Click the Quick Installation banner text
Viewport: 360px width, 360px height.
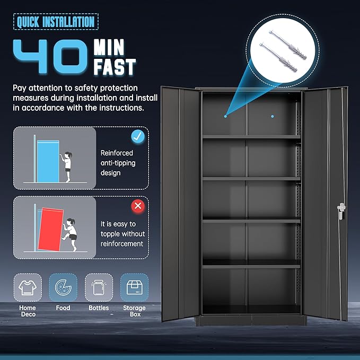pyautogui.click(x=56, y=22)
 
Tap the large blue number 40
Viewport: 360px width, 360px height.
pyautogui.click(x=50, y=56)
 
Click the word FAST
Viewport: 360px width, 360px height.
pyautogui.click(x=115, y=67)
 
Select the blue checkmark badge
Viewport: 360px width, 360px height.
pyautogui.click(x=138, y=137)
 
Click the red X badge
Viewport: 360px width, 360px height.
pyautogui.click(x=138, y=206)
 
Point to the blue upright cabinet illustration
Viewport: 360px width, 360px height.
pyautogui.click(x=48, y=161)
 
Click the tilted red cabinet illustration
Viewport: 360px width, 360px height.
pyautogui.click(x=50, y=229)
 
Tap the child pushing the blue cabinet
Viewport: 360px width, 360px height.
pyautogui.click(x=66, y=166)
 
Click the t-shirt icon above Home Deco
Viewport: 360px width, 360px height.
pyautogui.click(x=28, y=287)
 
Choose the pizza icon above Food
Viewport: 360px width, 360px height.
pyautogui.click(x=63, y=287)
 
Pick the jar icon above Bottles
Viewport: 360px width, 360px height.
pyautogui.click(x=99, y=288)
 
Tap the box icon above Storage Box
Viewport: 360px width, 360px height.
pyautogui.click(x=134, y=287)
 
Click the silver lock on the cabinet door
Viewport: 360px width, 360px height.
pyautogui.click(x=341, y=211)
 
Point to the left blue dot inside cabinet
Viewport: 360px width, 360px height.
pyautogui.click(x=225, y=117)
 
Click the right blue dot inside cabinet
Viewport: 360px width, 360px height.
pyautogui.click(x=273, y=117)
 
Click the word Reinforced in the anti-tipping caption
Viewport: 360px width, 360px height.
pyautogui.click(x=117, y=153)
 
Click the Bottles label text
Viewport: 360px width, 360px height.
pyautogui.click(x=99, y=308)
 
